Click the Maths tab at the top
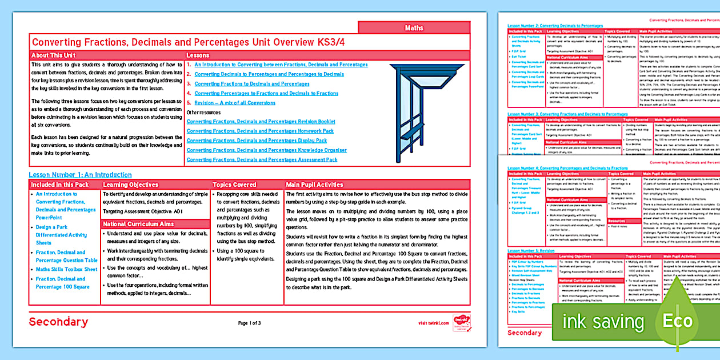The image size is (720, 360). click(414, 27)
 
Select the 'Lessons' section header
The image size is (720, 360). click(198, 55)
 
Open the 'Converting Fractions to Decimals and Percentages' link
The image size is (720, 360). click(251, 84)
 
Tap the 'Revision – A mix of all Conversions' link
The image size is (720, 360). click(234, 103)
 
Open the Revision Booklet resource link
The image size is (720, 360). click(261, 122)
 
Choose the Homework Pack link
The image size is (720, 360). click(260, 131)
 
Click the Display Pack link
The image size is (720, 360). click(257, 141)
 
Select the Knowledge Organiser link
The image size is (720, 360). click(266, 150)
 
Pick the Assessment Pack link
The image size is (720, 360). click(262, 160)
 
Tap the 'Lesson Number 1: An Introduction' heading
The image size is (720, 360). click(80, 175)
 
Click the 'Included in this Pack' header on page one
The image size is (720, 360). click(59, 185)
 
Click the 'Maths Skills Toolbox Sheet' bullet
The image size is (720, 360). click(66, 269)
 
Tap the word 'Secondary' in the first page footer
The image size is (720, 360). click(58, 322)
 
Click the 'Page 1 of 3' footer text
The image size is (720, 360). click(250, 323)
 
